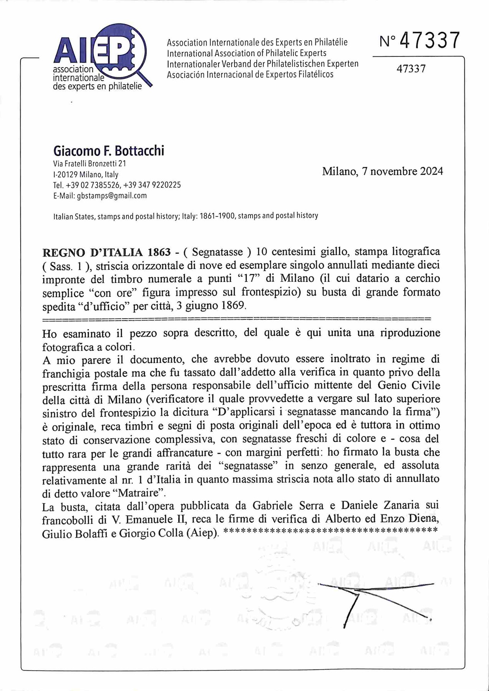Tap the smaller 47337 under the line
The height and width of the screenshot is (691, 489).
tap(411, 69)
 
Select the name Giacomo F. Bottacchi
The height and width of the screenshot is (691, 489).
tap(109, 150)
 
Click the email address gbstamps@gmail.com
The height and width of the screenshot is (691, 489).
tap(112, 196)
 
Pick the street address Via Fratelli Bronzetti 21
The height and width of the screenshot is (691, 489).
tap(90, 164)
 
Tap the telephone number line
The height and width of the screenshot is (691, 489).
tap(117, 185)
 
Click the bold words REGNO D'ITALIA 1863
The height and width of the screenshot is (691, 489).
tap(106, 252)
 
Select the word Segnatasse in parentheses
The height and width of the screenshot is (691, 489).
tap(217, 252)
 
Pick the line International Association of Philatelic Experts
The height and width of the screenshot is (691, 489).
tap(246, 53)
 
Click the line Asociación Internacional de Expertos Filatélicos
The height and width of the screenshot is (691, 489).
tap(250, 74)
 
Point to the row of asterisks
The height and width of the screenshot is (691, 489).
tap(330, 531)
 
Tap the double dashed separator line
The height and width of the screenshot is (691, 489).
tap(236, 319)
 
